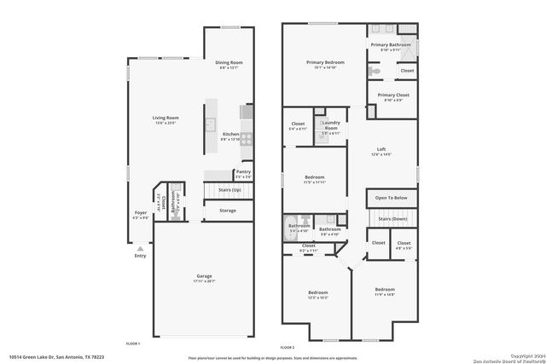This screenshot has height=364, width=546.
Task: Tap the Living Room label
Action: [165, 119]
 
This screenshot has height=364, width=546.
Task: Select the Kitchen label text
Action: [230, 135]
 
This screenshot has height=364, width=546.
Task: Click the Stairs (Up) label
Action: [229, 189]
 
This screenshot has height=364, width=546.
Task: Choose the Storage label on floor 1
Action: [227, 210]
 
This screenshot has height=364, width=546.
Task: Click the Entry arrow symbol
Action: [140, 248]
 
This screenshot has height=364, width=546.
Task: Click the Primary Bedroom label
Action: [325, 62]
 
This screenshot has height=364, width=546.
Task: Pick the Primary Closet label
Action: [393, 95]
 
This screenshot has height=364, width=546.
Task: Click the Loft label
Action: [381, 149]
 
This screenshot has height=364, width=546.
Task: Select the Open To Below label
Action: [392, 197]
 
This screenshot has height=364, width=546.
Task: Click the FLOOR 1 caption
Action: [132, 343]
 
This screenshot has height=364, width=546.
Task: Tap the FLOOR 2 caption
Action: [287, 348]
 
